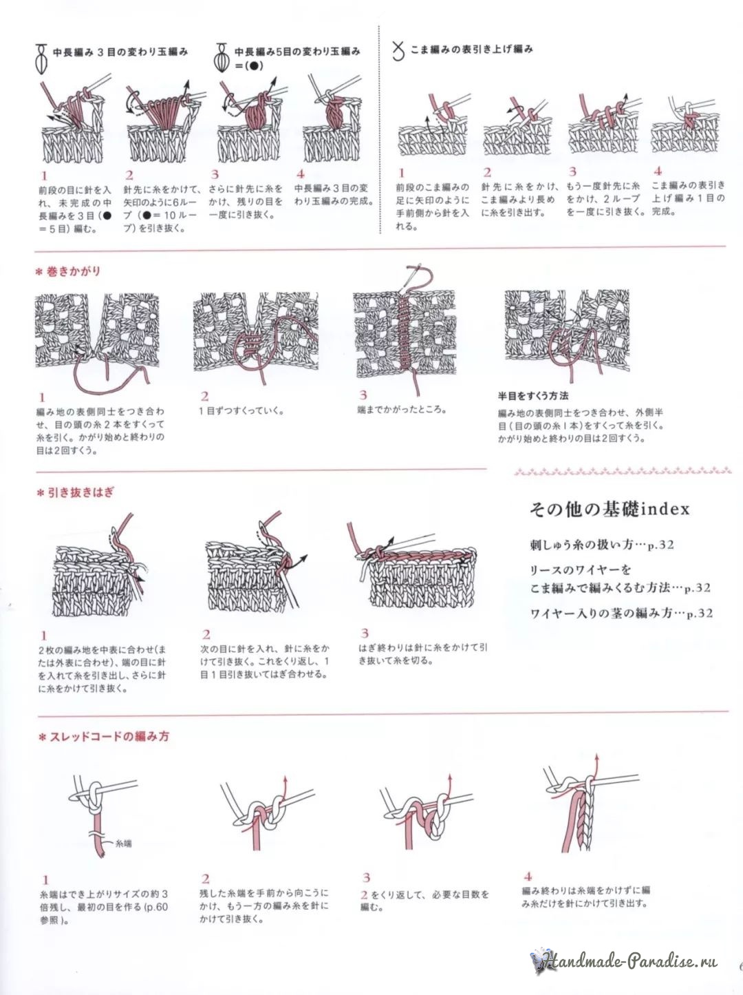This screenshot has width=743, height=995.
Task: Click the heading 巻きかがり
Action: pyautogui.click(x=72, y=271)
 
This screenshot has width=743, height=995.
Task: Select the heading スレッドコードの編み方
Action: pyautogui.click(x=107, y=737)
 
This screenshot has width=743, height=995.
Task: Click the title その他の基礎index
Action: pyautogui.click(x=609, y=510)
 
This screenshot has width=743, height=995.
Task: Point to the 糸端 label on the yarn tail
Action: pyautogui.click(x=123, y=842)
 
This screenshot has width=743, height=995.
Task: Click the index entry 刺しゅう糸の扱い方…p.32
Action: pyautogui.click(x=602, y=545)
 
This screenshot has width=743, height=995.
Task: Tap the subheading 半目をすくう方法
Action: pyautogui.click(x=533, y=396)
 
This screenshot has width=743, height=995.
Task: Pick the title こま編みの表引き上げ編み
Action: pyautogui.click(x=471, y=50)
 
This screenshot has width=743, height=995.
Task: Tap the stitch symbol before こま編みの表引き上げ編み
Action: pyautogui.click(x=397, y=51)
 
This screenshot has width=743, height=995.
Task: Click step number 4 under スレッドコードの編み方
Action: pyautogui.click(x=527, y=877)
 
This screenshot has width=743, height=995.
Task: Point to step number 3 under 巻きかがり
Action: pyautogui.click(x=363, y=395)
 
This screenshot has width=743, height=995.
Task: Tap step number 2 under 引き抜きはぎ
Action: pyautogui.click(x=206, y=634)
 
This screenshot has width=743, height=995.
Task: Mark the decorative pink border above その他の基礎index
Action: pyautogui.click(x=621, y=472)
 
